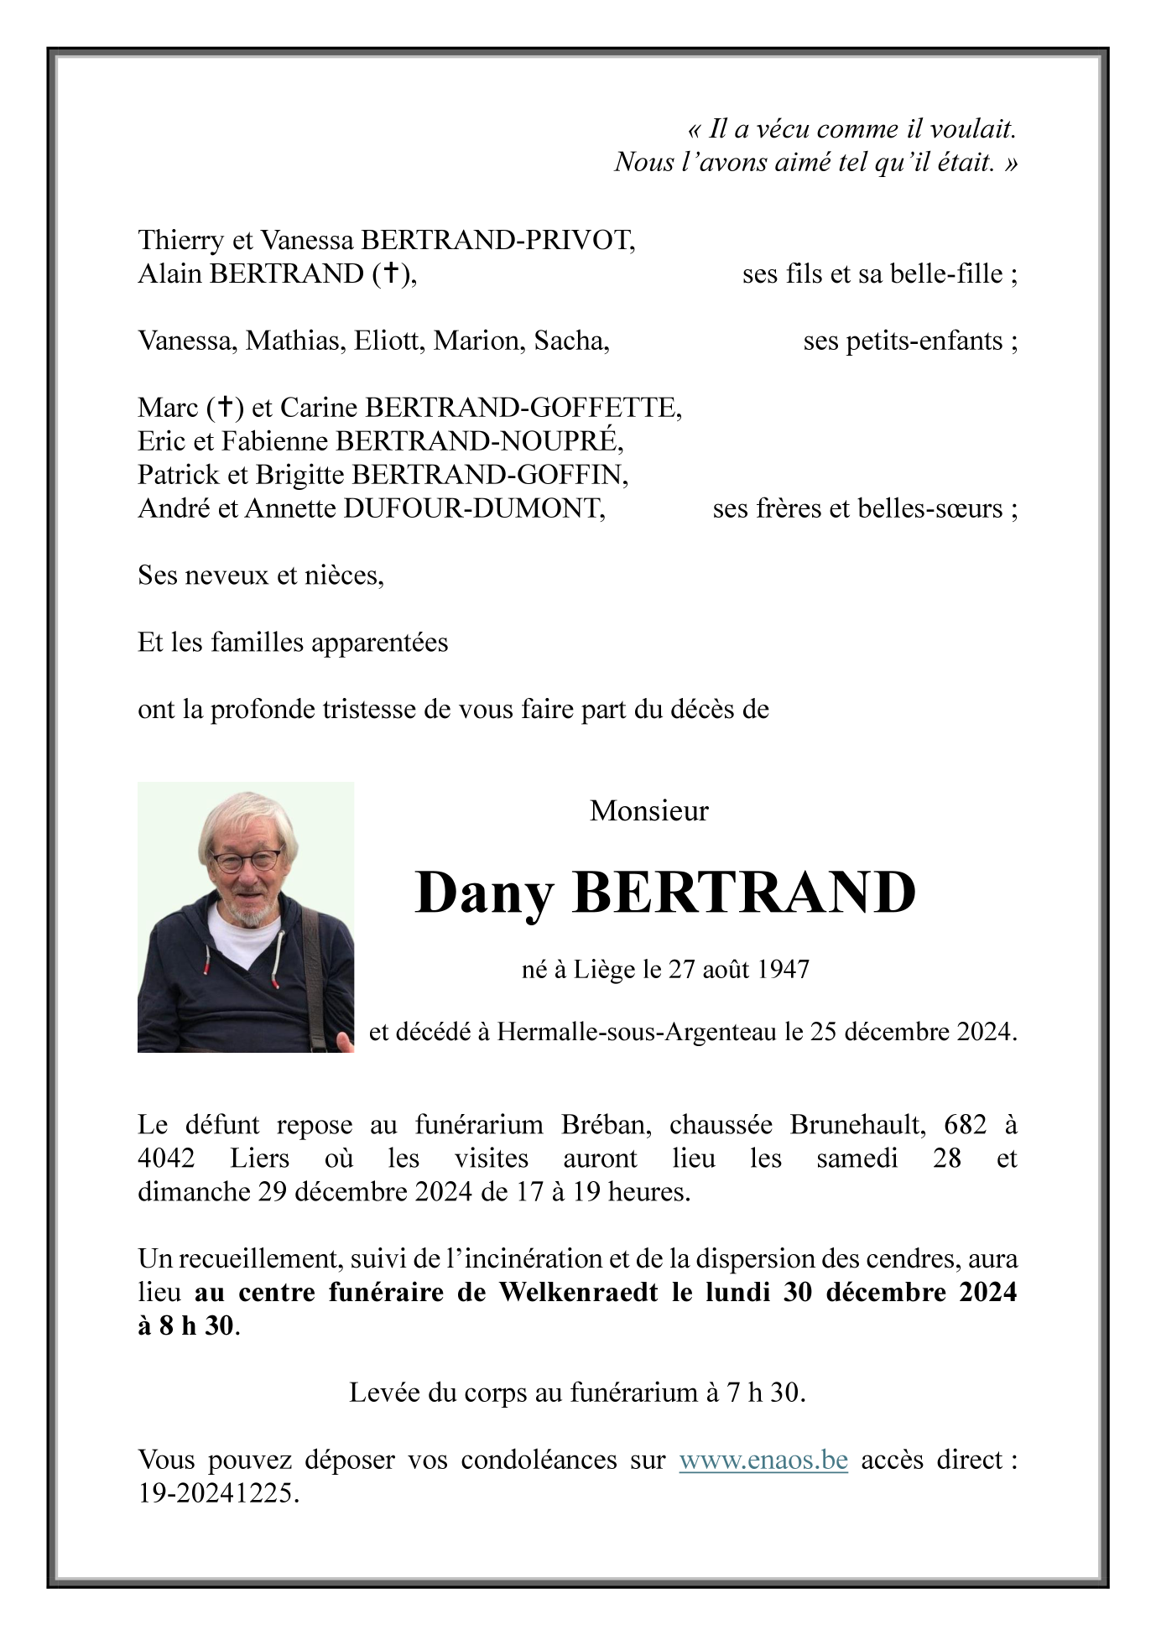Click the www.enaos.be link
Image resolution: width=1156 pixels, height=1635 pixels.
(x=763, y=1461)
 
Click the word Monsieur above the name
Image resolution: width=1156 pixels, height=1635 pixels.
(x=648, y=811)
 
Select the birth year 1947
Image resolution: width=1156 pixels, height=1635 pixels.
(x=783, y=970)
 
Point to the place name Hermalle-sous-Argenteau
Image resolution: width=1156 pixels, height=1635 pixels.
(x=637, y=1032)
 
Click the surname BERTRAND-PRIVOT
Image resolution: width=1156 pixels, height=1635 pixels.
(x=497, y=241)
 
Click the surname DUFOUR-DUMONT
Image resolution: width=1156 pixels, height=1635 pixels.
(x=473, y=508)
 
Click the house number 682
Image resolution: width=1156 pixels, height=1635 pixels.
(x=965, y=1125)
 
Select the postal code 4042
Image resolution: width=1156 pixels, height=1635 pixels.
(x=166, y=1159)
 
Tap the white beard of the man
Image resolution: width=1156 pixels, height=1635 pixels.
(x=248, y=913)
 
